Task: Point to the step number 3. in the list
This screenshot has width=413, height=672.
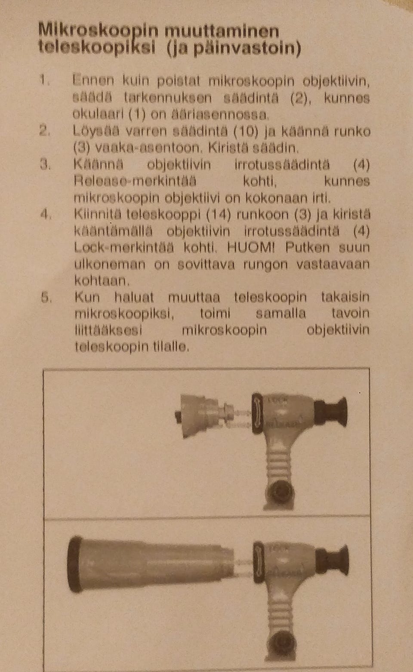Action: [46, 164]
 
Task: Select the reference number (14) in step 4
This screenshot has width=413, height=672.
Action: [218, 214]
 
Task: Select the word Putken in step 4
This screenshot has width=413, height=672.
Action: [308, 247]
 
